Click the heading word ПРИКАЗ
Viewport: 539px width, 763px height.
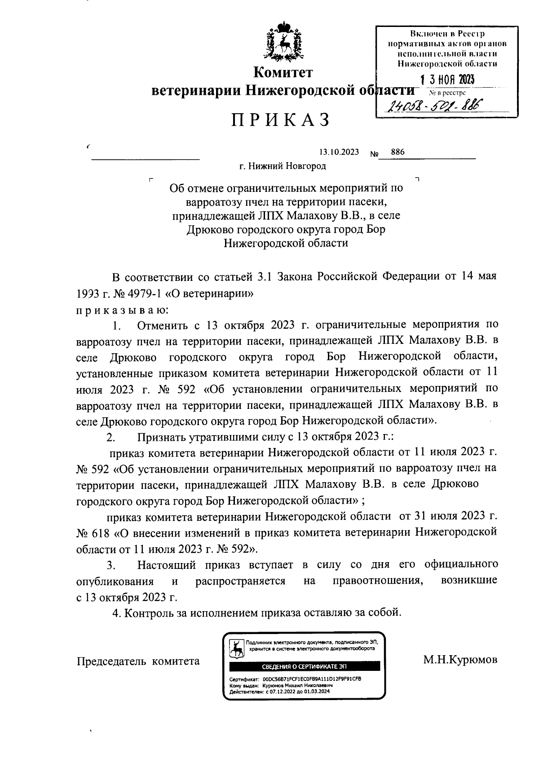281,120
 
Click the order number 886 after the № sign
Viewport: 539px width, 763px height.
398,152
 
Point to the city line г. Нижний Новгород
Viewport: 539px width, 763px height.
282,166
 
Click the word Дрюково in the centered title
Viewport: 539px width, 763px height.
208,230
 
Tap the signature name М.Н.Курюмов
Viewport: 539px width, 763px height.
460,660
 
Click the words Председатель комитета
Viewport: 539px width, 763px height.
138,661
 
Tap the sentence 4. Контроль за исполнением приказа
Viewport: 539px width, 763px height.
256,612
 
